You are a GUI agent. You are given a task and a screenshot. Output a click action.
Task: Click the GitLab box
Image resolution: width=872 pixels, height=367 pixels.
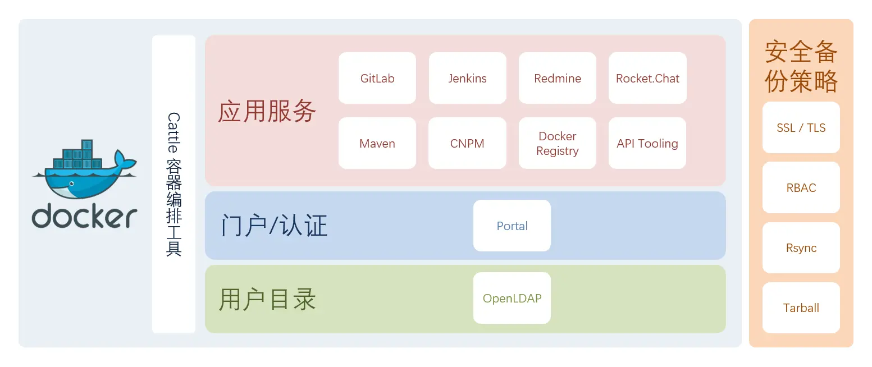pos(377,78)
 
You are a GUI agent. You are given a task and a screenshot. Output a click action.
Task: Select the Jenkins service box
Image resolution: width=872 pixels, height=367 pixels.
pos(467,78)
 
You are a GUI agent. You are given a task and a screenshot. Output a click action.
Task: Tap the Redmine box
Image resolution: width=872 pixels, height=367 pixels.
pos(557,78)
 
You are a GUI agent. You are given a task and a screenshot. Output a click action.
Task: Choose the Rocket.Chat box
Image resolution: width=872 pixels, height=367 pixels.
pos(647,78)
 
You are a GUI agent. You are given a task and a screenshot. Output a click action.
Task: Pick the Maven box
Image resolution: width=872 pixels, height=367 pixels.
pos(377,143)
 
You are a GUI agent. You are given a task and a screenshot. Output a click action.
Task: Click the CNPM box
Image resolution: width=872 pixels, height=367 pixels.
pos(467,143)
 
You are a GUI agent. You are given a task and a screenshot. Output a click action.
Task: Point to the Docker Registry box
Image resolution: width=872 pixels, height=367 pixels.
pos(557,143)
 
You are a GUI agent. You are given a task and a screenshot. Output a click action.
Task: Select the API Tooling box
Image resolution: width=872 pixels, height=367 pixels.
pos(647,143)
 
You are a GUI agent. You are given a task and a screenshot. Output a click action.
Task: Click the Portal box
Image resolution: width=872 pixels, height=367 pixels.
pos(512,226)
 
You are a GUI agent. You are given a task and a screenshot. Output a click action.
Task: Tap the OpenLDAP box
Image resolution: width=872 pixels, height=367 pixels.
pos(512,298)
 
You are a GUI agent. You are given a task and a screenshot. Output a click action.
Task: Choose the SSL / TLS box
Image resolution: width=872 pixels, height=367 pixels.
pos(801,127)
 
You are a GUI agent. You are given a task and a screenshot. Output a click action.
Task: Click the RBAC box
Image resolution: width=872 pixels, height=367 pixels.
pos(801,187)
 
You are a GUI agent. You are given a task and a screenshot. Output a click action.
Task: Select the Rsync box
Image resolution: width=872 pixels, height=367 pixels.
pos(801,247)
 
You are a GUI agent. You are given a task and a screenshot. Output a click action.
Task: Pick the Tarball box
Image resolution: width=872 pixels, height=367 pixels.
pos(801,308)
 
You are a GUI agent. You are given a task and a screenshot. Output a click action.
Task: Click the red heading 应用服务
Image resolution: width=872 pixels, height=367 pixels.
pos(267,111)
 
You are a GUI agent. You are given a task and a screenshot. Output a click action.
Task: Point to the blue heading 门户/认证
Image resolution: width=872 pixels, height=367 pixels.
pos(274,226)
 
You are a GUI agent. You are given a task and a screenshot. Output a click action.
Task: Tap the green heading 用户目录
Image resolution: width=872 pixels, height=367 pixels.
pos(267,299)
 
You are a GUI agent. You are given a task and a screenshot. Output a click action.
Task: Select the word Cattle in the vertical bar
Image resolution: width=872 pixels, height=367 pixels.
pos(174,132)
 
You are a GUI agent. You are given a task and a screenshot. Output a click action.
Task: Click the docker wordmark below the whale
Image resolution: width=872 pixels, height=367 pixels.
pos(85,217)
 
